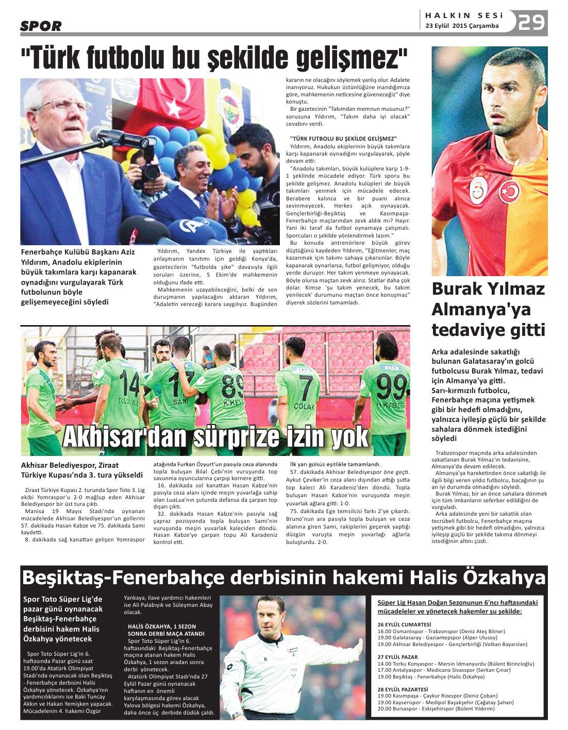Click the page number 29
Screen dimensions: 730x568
tap(531, 22)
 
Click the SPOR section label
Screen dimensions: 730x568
tap(41, 26)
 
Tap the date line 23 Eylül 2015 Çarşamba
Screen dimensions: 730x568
tap(462, 26)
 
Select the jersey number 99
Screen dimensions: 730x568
tap(390, 387)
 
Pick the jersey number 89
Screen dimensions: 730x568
tap(233, 387)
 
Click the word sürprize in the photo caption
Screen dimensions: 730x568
tap(262, 437)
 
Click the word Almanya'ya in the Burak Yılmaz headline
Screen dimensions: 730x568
tap(474, 310)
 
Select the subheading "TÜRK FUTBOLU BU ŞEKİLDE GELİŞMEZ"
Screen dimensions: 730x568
tap(343, 139)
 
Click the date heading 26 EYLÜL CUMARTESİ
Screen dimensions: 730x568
tap(404, 624)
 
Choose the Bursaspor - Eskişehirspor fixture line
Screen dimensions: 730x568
tap(436, 708)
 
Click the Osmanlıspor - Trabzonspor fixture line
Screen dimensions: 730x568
tap(441, 631)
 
